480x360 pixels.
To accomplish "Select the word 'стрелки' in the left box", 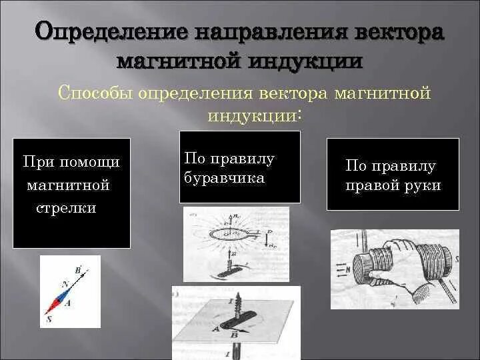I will click(x=65, y=208).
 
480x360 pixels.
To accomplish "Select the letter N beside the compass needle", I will click(x=64, y=283).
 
